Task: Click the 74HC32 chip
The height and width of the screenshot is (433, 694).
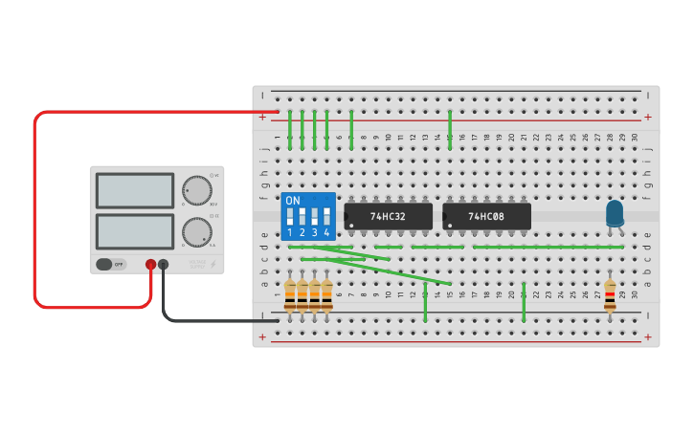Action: pos(388,216)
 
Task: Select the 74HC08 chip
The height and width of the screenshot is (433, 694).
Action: pos(486,216)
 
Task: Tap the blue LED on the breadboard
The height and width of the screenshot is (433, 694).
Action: pos(615,213)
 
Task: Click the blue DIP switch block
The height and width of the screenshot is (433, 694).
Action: pos(308,216)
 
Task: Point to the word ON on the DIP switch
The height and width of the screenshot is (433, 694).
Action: pos(293,201)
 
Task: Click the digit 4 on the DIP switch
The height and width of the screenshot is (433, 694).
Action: pos(326,232)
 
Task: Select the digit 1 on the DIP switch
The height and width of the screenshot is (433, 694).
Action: pos(290,232)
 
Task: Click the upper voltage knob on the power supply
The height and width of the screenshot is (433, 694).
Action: pos(196,190)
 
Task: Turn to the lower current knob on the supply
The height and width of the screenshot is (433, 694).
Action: pos(196,231)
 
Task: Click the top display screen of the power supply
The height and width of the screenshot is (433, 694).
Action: pos(135,190)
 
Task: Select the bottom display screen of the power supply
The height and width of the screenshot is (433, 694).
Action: pos(135,231)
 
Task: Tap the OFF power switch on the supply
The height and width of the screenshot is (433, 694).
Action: pos(110,264)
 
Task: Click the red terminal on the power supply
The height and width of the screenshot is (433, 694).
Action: pos(150,265)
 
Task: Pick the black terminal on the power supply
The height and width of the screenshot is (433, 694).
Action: pos(164,265)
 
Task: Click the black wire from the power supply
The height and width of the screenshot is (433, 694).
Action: pos(191,320)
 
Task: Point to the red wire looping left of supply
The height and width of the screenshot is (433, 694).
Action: pos(35,210)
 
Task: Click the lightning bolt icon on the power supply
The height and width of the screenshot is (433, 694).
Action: pos(213,265)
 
